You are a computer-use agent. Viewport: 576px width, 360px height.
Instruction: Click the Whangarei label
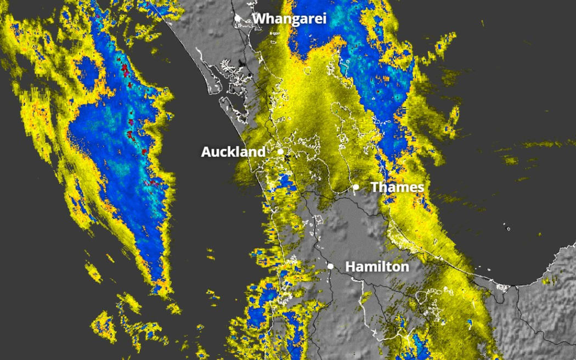pyautogui.click(x=289, y=19)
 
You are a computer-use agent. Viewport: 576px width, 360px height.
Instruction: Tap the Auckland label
pyautogui.click(x=233, y=152)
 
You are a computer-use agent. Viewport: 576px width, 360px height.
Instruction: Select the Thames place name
pyautogui.click(x=397, y=187)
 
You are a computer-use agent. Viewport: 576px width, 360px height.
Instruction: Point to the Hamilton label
pyautogui.click(x=377, y=267)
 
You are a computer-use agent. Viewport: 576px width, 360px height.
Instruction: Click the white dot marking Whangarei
pyautogui.click(x=238, y=18)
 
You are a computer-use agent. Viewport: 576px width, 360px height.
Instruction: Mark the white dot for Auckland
pyautogui.click(x=280, y=151)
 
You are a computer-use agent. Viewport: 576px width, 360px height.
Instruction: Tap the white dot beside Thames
pyautogui.click(x=355, y=187)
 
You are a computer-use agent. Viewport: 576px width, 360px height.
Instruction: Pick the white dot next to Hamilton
pyautogui.click(x=331, y=266)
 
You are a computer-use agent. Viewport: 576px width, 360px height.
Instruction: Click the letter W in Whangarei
pyautogui.click(x=259, y=19)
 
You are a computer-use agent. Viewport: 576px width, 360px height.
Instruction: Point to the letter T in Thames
pyautogui.click(x=375, y=187)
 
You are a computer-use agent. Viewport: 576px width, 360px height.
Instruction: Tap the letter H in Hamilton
pyautogui.click(x=350, y=267)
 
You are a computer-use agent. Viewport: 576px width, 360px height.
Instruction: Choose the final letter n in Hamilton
pyautogui.click(x=405, y=267)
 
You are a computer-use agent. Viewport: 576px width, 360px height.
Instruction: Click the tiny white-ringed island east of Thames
pyautogui.click(x=509, y=228)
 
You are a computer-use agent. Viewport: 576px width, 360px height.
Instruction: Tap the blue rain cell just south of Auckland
pyautogui.click(x=286, y=181)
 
